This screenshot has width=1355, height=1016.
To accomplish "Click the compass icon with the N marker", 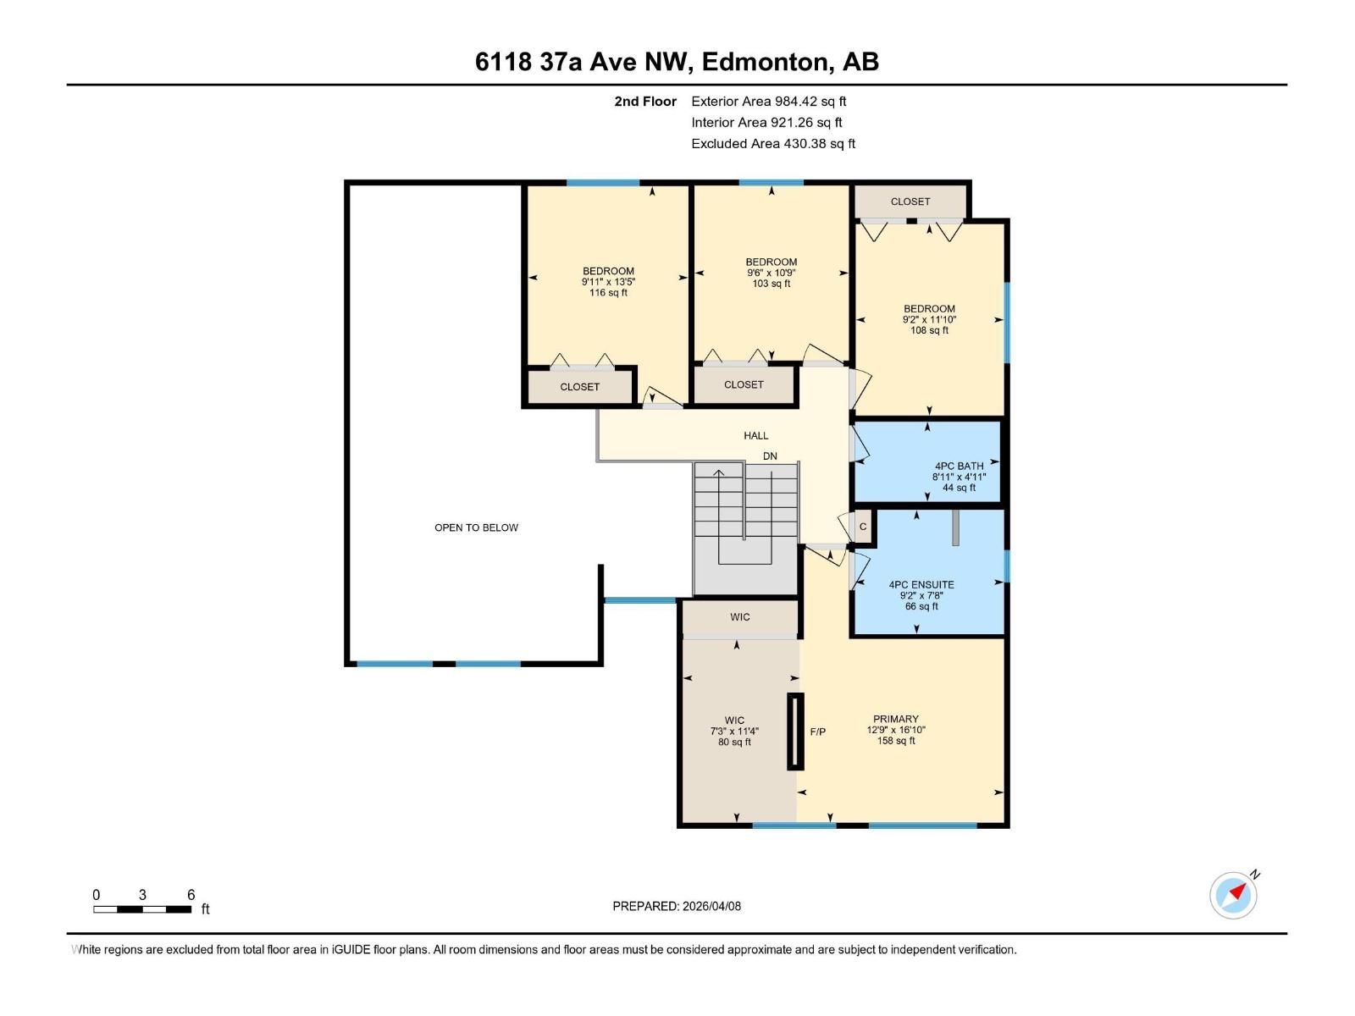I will pos(1233,896).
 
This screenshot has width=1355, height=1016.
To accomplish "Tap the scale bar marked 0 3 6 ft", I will pos(142,909).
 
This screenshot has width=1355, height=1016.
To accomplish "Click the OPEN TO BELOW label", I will pos(476,527).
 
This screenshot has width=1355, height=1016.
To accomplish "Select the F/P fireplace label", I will pos(817,732).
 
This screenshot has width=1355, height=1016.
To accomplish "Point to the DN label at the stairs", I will pos(769,456).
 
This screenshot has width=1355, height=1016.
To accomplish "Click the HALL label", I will pos(755,435).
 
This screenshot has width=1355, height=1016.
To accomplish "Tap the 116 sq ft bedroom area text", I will pos(608,293).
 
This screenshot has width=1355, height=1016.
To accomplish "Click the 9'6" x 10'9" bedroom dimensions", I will pos(771,273).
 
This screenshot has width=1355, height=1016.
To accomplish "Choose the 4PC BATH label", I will pos(959,466).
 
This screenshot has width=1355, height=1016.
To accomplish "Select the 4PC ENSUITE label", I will pos(921,584).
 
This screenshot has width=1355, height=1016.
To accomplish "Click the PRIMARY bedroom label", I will pos(895,719).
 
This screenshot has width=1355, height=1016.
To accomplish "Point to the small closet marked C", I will pos(863,527).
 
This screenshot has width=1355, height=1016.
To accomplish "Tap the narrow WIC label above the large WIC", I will pos(739,617).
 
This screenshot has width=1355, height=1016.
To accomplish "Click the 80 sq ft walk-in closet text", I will pos(734,743).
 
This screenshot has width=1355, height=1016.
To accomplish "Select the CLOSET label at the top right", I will pos(910,202).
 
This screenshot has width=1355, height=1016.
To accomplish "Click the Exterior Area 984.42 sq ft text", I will pos(768,101).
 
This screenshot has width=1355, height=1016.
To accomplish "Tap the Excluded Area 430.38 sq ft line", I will pos(772,143).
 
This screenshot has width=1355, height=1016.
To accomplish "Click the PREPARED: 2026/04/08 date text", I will pos(677,906).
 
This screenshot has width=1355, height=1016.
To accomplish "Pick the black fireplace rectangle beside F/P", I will pos(795,732).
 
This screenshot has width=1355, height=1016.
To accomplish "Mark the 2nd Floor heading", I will pos(645,101).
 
